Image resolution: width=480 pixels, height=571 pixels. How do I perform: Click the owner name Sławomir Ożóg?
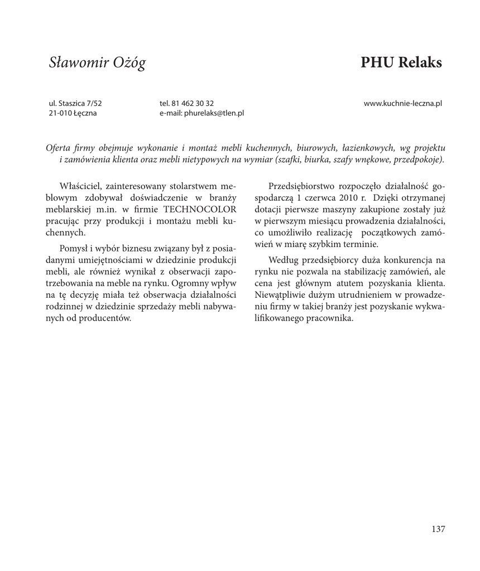pos(97,63)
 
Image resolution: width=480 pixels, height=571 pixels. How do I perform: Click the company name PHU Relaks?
pos(401,62)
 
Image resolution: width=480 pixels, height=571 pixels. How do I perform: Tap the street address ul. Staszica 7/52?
pos(76,103)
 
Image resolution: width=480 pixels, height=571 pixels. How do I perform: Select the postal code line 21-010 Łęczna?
pos(73,113)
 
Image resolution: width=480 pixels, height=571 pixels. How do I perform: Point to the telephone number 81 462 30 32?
pos(193,103)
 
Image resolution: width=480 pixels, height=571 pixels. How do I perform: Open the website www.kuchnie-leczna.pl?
pos(403,103)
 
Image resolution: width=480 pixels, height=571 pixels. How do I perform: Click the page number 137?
pos(438,529)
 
